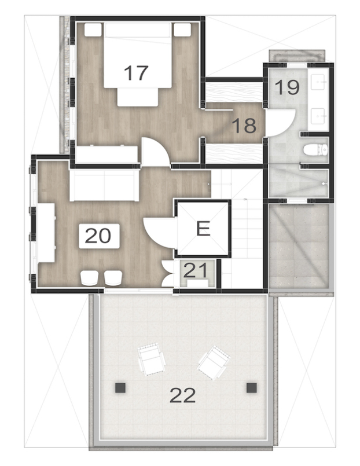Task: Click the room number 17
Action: point(137,74)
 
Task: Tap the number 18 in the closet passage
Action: point(244,125)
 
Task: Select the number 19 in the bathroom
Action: point(286,88)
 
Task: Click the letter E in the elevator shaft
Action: point(203,229)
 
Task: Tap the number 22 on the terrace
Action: point(182,395)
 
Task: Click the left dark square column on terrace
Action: point(120,387)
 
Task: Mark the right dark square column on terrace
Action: point(251,387)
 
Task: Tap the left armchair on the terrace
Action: point(152,359)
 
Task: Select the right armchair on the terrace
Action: point(213,363)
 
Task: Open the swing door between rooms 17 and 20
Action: point(155,154)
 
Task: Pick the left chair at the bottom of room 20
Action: point(90,278)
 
